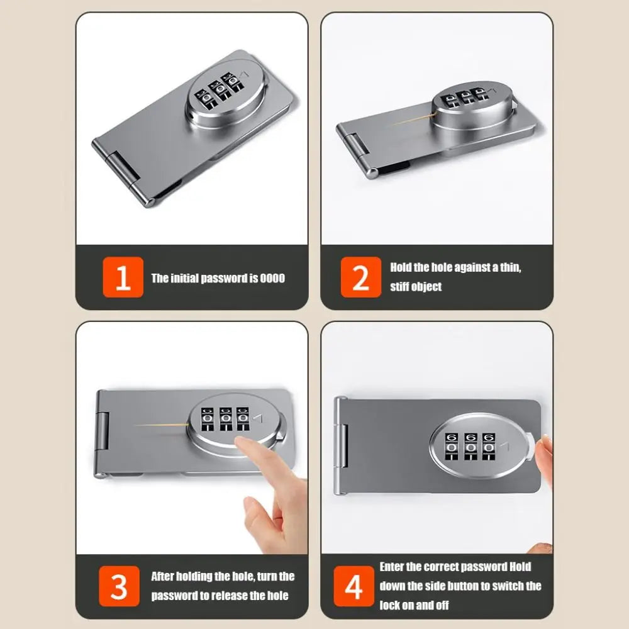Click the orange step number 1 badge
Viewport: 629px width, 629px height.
[123, 277]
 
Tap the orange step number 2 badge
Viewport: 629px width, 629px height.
[361, 277]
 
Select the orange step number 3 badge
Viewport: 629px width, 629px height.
[119, 585]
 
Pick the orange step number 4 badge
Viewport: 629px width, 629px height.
[353, 586]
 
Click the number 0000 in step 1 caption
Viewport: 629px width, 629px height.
[272, 278]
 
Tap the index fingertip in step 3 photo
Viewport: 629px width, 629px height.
[242, 444]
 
